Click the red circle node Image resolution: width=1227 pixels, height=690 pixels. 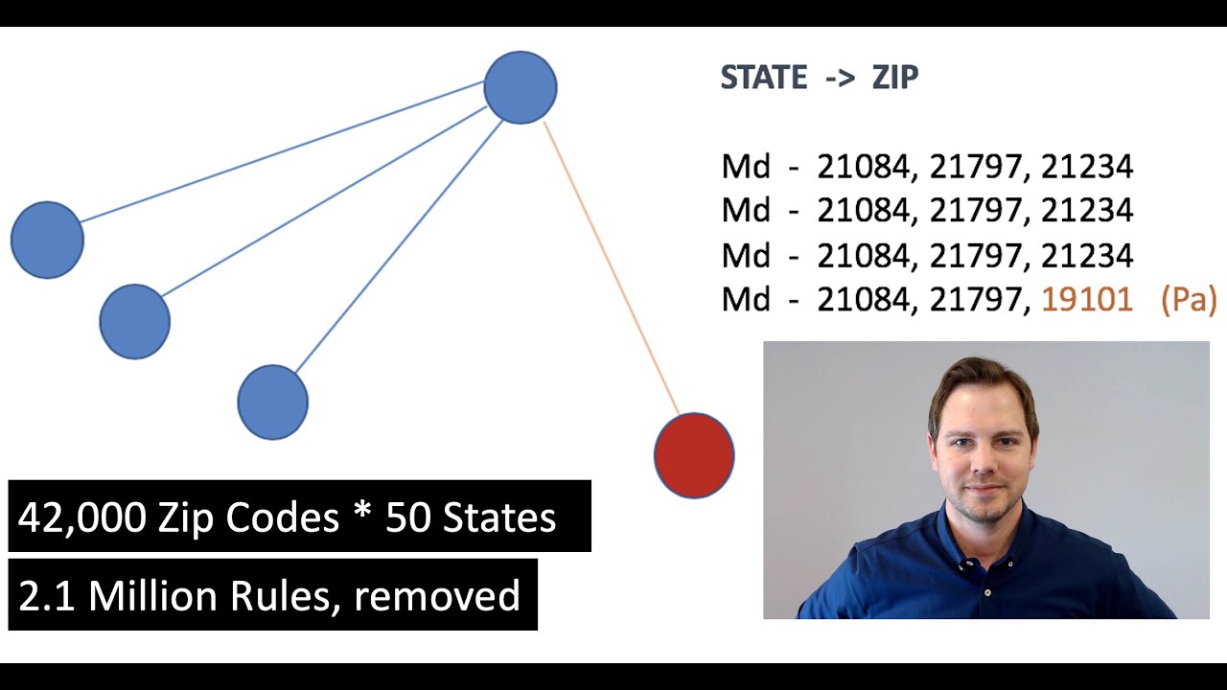694,455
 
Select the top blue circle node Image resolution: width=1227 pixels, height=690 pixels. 521,87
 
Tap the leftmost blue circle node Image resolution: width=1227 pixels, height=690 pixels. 47,240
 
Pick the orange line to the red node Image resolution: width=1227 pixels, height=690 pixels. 612,267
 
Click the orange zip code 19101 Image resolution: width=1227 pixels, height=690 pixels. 1087,300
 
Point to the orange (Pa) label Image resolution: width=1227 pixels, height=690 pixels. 1189,300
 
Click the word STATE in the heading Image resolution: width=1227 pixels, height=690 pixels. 764,77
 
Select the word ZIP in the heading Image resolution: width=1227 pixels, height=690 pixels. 895,77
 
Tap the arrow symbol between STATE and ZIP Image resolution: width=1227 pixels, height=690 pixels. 840,79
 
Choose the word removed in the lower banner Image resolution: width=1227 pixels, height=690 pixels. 436,596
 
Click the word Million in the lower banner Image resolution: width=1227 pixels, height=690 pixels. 152,596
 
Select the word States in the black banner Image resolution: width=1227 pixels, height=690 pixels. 499,517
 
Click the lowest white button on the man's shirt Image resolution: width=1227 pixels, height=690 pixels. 987,592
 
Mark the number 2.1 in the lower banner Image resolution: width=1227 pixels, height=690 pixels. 47,596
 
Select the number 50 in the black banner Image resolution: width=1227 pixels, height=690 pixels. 407,517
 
